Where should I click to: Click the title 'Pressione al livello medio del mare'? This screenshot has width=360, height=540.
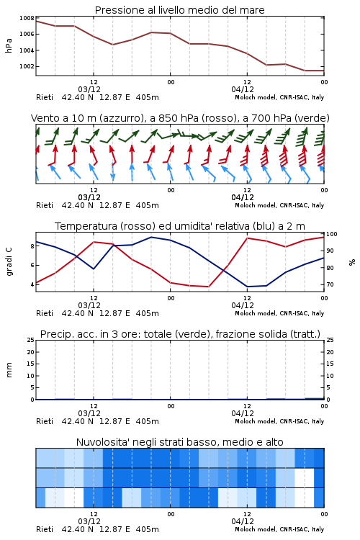[179, 10]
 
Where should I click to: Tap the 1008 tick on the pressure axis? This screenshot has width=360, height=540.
[27, 18]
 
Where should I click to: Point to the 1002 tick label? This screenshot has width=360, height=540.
[27, 66]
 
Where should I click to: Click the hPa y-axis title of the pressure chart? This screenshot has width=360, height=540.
[9, 46]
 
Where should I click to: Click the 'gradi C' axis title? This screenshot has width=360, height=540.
[9, 262]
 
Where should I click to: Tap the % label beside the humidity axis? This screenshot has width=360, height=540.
[352, 262]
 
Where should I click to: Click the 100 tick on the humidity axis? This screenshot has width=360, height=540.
[332, 234]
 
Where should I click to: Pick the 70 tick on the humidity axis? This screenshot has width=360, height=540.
[330, 285]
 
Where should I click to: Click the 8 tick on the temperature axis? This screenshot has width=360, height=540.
[32, 246]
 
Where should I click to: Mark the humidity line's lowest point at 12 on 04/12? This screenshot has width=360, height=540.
[247, 287]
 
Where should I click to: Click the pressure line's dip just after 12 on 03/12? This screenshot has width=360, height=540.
[112, 45]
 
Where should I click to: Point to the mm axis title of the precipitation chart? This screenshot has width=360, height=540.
[9, 370]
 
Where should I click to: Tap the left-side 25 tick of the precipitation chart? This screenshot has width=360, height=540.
[31, 341]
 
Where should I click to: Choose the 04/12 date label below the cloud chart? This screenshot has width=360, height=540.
[243, 522]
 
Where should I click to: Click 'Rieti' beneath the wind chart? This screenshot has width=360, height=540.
[45, 206]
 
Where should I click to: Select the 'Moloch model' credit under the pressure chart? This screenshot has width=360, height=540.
[256, 97]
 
